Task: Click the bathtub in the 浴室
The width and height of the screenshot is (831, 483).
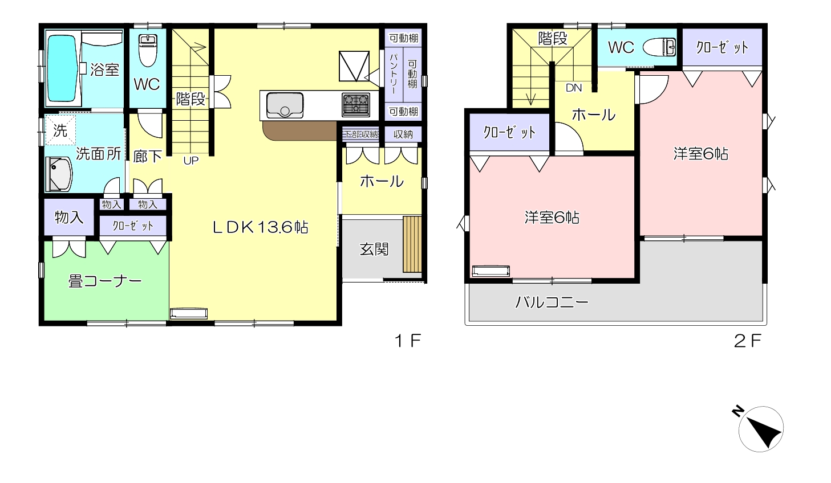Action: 63,68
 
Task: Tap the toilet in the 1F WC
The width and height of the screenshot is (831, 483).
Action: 148,50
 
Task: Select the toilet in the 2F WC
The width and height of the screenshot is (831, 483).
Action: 659,47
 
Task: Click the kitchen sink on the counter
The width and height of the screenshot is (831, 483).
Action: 285,105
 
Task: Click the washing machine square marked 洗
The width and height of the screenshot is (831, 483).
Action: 60,130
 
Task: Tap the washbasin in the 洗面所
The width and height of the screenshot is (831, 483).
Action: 59,174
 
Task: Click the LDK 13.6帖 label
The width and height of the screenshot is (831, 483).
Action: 260,227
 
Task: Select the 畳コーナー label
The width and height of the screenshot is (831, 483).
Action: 105,281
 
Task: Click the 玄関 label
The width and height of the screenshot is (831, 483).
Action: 374,249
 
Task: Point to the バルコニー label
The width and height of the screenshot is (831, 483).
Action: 552,302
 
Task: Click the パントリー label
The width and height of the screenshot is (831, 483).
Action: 394,73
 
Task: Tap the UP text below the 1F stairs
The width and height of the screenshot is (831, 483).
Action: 191,161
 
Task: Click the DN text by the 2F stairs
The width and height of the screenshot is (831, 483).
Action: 574,88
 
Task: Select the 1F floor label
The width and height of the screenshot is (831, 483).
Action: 407,341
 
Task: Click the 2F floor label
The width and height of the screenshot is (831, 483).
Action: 748,341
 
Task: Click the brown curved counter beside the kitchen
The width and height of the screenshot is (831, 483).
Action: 300,130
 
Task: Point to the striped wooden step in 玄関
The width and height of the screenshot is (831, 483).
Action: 412,244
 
